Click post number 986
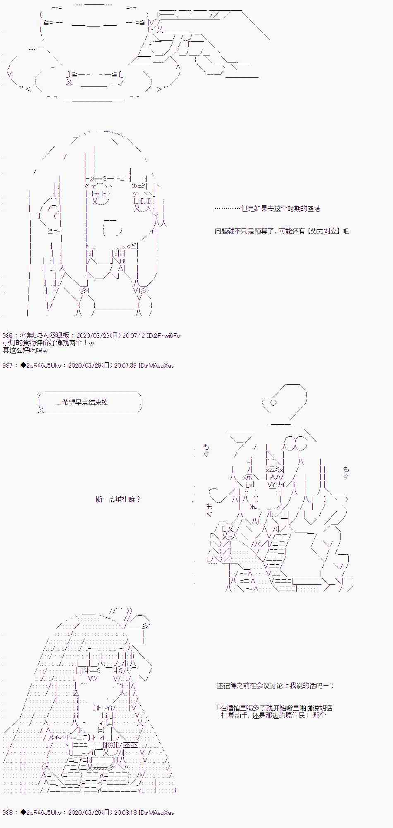click(8, 336)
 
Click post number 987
click(8, 366)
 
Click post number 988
click(8, 813)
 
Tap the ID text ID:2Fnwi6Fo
click(163, 336)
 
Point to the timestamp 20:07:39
click(125, 366)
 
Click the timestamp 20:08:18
click(125, 813)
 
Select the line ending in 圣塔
click(267, 209)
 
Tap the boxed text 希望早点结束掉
click(84, 402)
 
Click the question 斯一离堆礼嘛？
click(118, 499)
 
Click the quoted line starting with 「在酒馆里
click(274, 708)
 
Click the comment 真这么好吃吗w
click(25, 351)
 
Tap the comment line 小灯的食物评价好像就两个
click(45, 343)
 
